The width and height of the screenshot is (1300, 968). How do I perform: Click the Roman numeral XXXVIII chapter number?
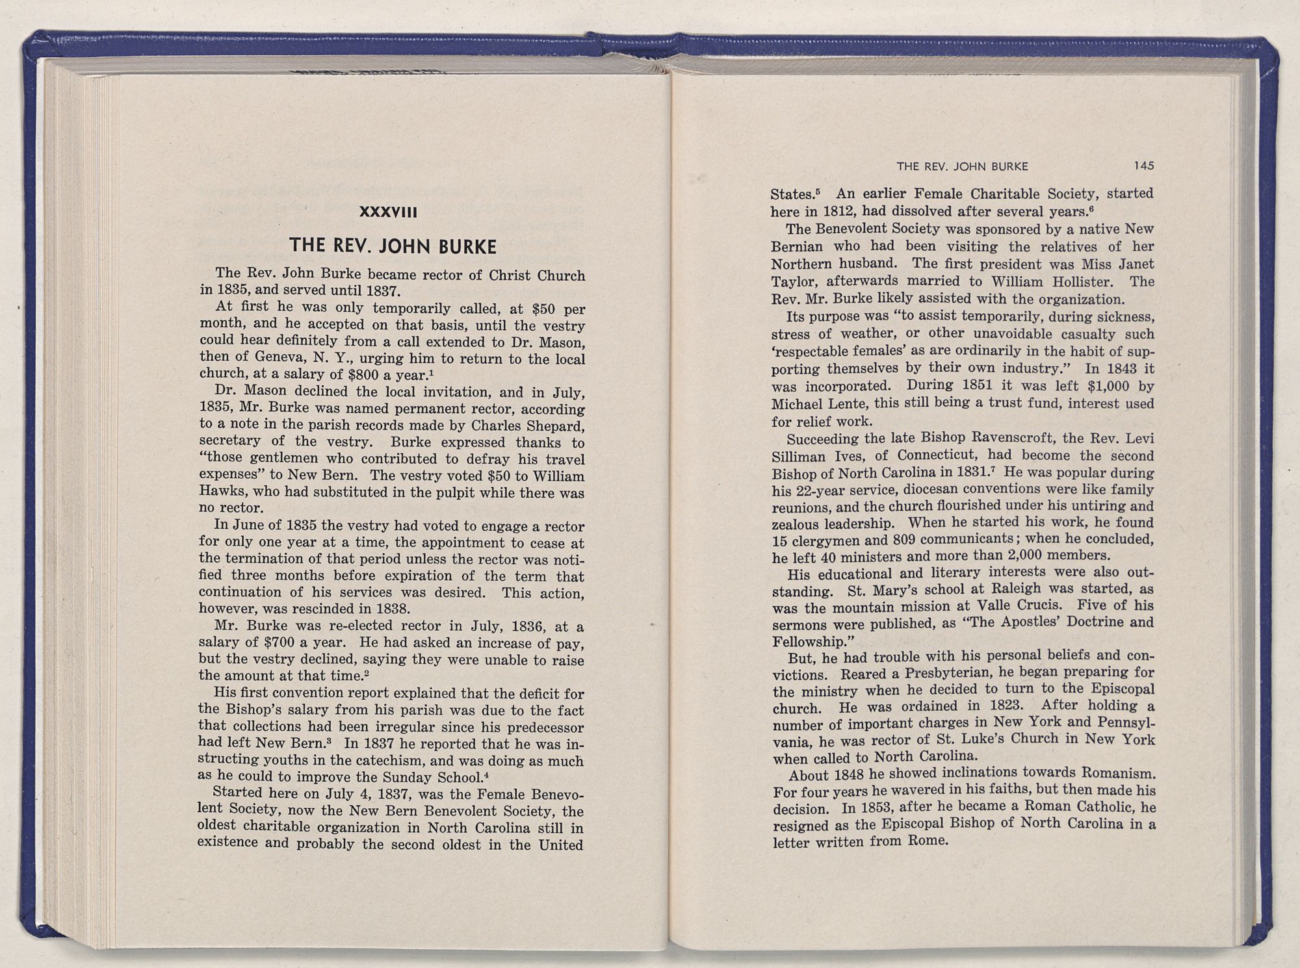[387, 212]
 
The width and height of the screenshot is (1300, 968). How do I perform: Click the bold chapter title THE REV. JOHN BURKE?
[393, 246]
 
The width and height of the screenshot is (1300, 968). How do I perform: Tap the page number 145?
[1143, 166]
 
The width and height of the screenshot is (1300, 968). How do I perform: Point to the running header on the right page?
[962, 166]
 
